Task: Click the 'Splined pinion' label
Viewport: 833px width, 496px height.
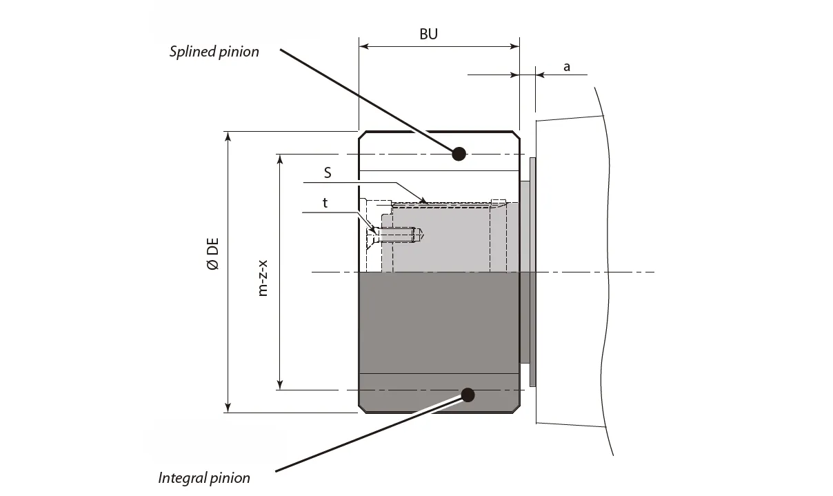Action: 214,52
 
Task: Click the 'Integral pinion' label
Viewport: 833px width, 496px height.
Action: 204,477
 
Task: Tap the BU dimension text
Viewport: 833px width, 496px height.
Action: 428,34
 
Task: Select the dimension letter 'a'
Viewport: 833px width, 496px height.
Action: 567,67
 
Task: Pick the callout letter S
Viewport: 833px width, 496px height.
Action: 328,173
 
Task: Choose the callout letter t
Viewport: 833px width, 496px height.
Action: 325,203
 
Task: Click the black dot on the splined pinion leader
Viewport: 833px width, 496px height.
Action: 459,153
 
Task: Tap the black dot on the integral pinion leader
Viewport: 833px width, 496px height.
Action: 468,395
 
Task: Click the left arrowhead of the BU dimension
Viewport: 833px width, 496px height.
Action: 363,47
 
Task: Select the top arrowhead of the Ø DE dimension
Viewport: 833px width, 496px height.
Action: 228,135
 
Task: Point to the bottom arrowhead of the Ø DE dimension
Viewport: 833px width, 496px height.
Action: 228,408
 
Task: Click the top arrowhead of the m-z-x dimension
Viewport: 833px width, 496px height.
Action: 280,159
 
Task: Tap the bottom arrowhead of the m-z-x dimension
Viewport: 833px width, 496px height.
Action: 280,385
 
